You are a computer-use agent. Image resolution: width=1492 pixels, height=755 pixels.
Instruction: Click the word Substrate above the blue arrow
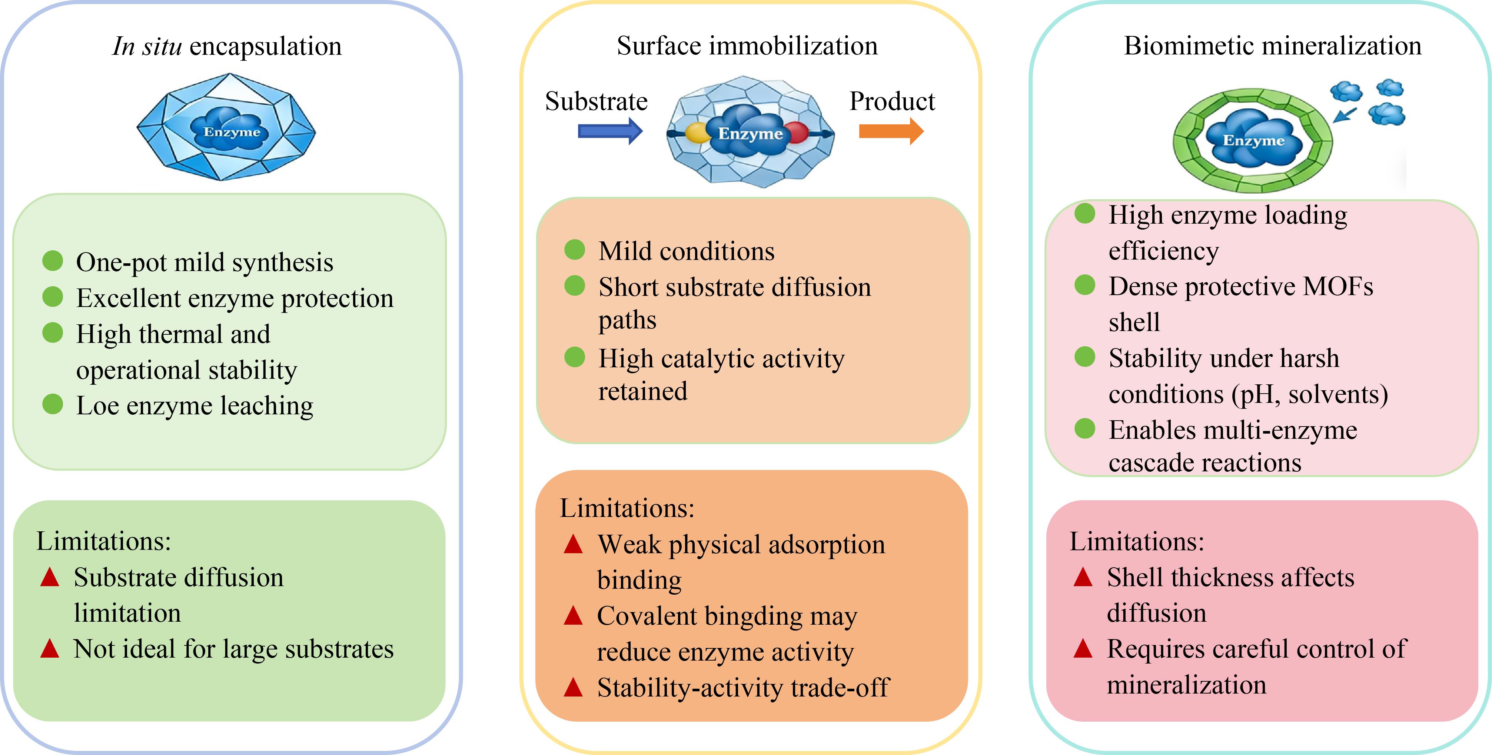click(x=596, y=101)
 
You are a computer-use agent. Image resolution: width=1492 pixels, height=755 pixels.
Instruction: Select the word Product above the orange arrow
click(x=892, y=101)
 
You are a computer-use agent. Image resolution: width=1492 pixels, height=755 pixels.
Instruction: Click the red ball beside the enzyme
click(x=795, y=133)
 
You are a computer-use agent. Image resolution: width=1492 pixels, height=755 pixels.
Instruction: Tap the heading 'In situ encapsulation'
click(x=227, y=46)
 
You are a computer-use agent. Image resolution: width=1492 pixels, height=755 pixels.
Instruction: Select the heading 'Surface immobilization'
click(x=747, y=46)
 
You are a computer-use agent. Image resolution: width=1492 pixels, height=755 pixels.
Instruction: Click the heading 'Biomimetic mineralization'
click(x=1273, y=46)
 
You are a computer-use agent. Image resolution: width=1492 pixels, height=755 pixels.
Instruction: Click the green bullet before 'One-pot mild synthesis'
click(x=53, y=261)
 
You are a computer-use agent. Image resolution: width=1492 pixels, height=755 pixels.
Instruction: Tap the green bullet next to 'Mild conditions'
click(x=575, y=250)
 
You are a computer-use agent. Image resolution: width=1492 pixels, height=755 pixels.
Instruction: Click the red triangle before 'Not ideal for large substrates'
click(x=50, y=648)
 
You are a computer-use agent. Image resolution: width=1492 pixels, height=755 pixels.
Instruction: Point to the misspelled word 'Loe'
click(x=97, y=406)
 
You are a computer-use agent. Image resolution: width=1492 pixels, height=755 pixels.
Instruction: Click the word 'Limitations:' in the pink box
click(x=1136, y=541)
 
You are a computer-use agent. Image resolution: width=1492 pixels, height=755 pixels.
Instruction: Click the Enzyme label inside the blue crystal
click(x=232, y=132)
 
